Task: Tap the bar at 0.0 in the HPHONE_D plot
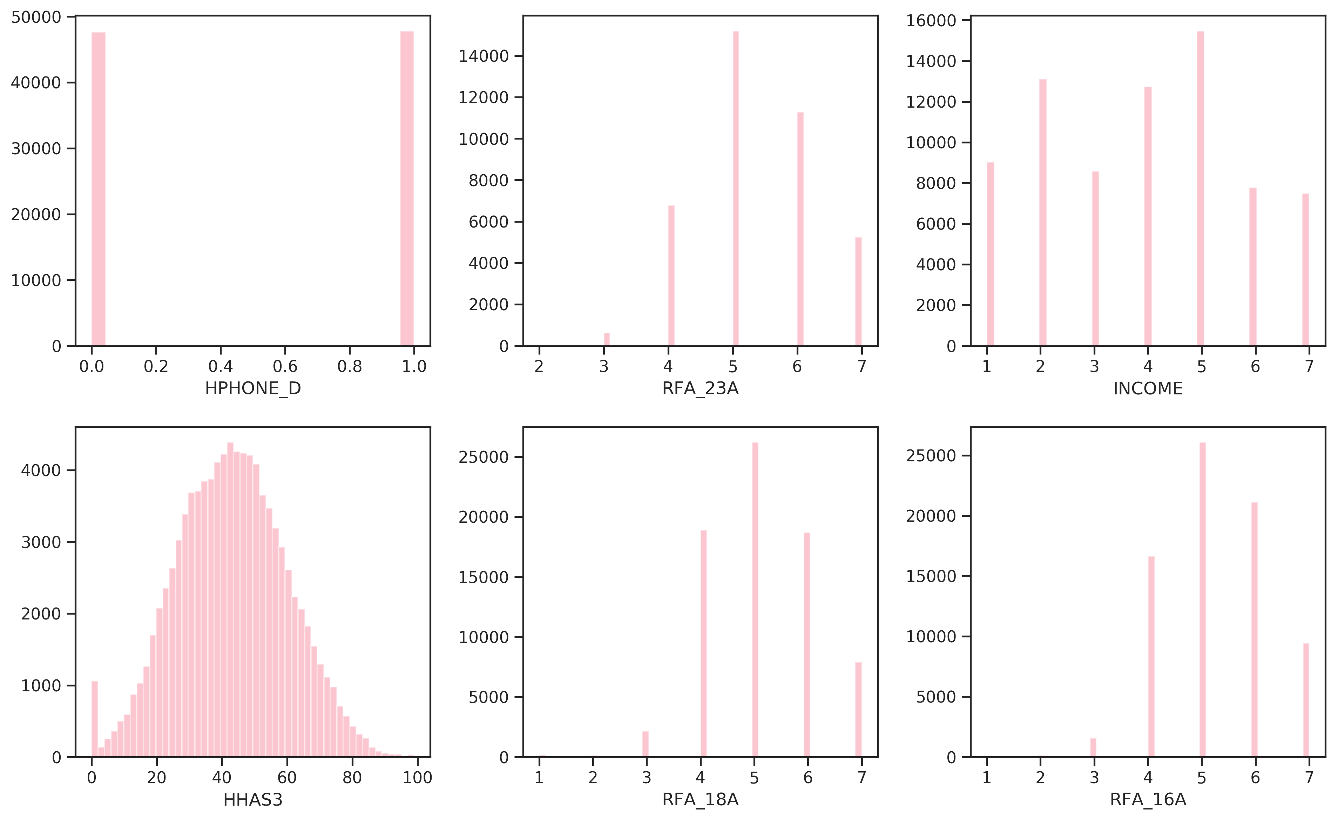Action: pyautogui.click(x=98, y=189)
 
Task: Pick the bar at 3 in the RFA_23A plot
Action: pyautogui.click(x=607, y=339)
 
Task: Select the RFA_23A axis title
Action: pyautogui.click(x=700, y=388)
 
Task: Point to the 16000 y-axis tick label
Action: pyautogui.click(x=931, y=21)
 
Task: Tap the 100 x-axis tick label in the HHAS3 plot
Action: pyautogui.click(x=417, y=778)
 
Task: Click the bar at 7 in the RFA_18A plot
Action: pyautogui.click(x=858, y=709)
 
